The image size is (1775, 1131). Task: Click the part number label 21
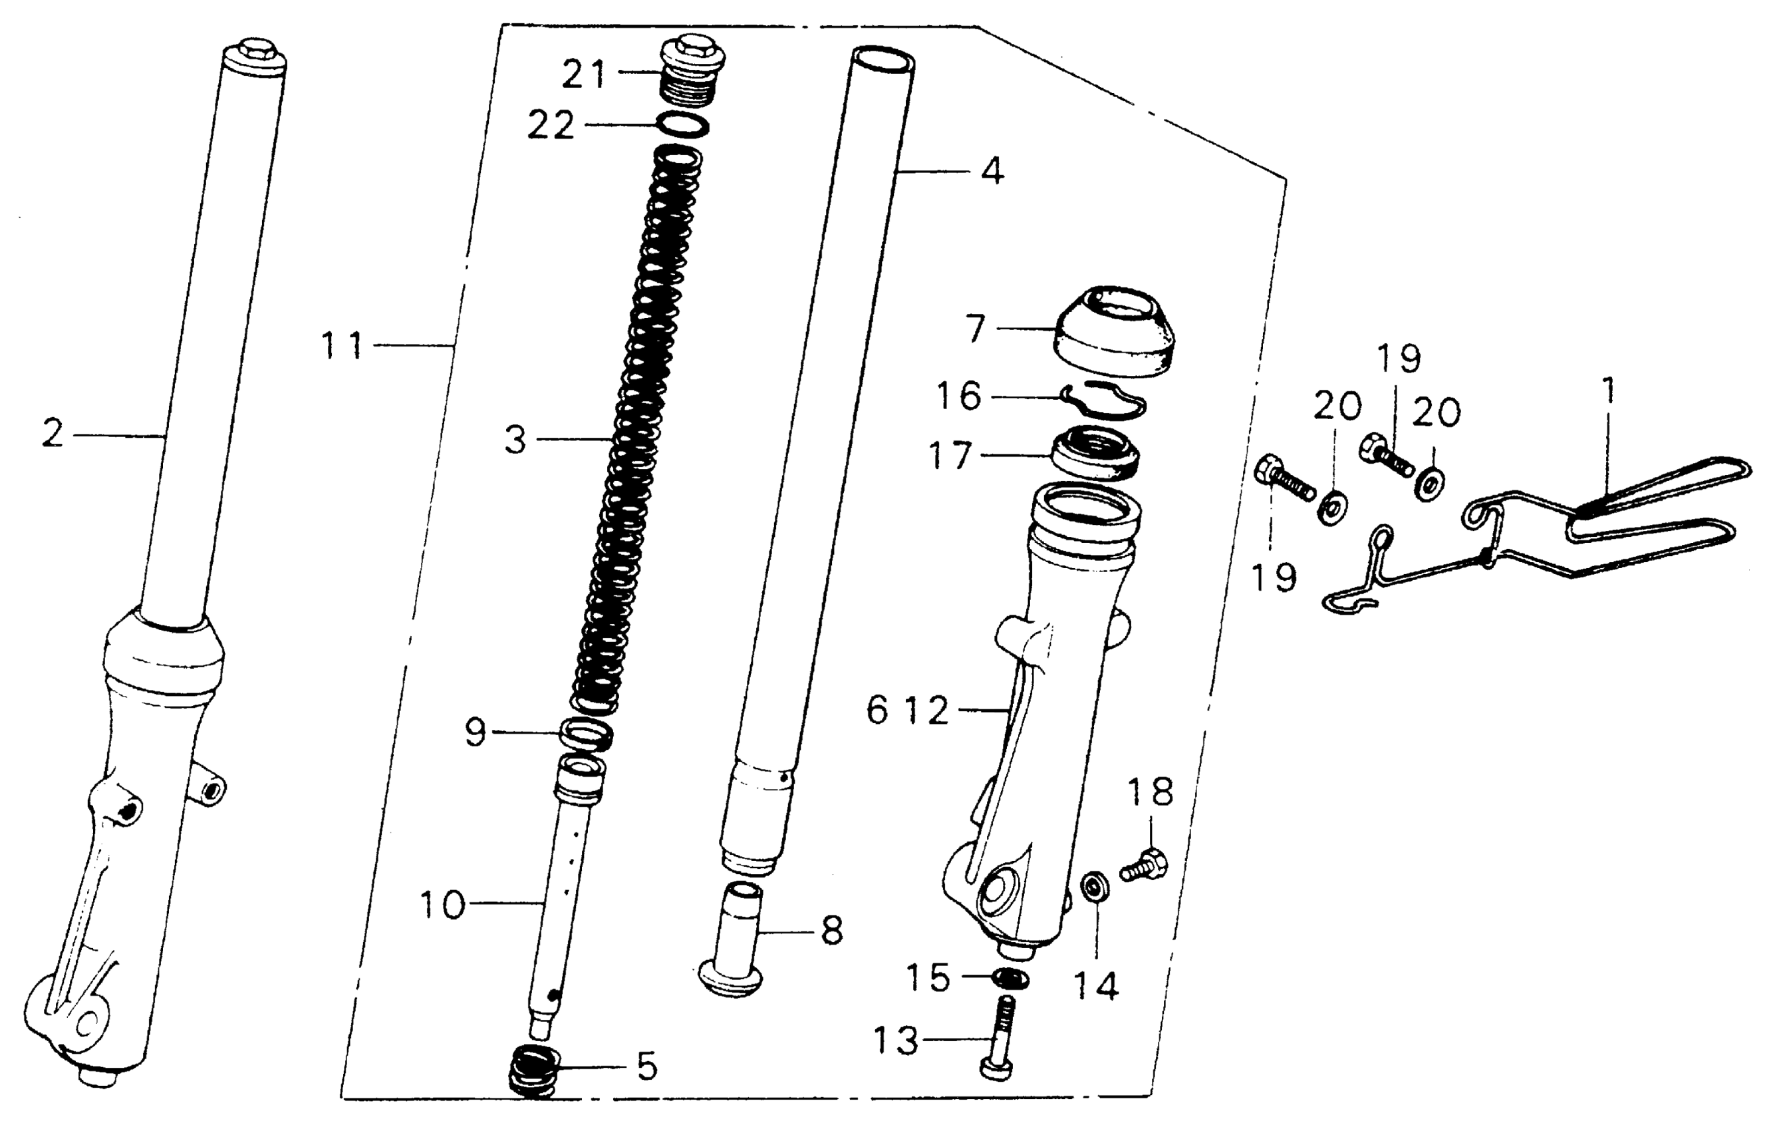click(584, 75)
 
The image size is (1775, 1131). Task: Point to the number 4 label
click(993, 172)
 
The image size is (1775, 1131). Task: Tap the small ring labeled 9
click(587, 734)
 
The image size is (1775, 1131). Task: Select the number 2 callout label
click(53, 435)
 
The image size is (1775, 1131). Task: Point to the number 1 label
click(1609, 391)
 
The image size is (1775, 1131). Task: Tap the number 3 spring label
click(515, 441)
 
